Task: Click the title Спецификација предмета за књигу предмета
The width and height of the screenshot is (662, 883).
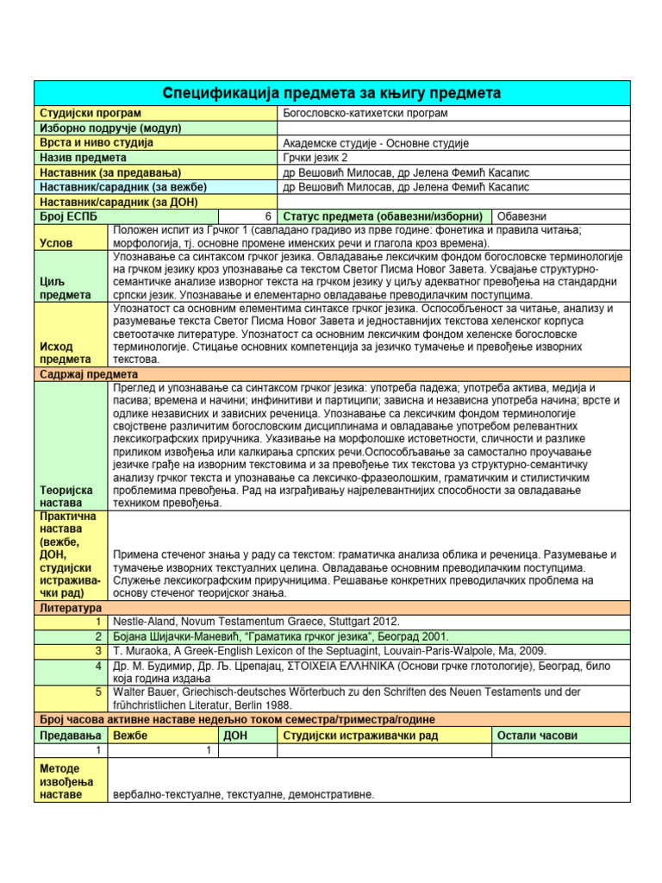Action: (332, 92)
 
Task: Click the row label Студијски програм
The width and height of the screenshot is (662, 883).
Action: (91, 113)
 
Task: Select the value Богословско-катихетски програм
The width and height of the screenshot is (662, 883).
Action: (365, 113)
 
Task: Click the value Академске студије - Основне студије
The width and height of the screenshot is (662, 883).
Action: (375, 143)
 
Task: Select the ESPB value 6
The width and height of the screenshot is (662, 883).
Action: (270, 216)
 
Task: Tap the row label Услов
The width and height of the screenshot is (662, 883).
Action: (55, 244)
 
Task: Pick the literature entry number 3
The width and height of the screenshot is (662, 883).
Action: (100, 650)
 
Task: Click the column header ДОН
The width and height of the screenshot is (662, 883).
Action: (235, 736)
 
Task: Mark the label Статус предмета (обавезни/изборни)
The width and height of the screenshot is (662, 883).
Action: (384, 216)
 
